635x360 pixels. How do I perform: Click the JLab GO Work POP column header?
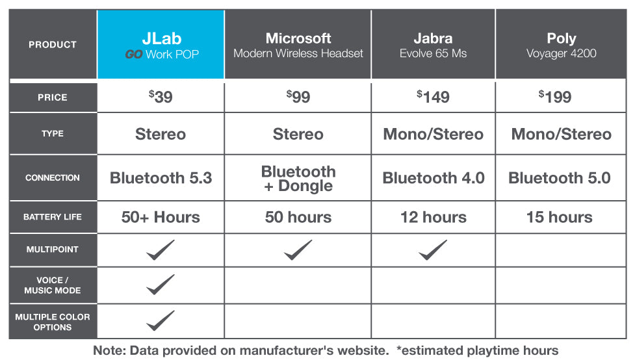(x=162, y=45)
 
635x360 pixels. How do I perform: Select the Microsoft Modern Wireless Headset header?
(x=298, y=45)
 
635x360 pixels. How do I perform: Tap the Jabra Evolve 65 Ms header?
(x=433, y=45)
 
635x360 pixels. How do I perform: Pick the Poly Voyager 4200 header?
(x=562, y=45)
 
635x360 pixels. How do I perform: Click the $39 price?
(x=161, y=97)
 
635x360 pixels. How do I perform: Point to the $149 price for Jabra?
(x=433, y=97)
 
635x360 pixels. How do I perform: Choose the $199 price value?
(x=555, y=97)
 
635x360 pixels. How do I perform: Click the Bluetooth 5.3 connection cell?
(x=161, y=178)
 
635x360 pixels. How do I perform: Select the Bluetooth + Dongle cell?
(x=298, y=178)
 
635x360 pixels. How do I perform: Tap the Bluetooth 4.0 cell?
(x=434, y=178)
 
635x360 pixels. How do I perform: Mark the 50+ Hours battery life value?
(x=161, y=217)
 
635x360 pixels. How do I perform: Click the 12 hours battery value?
(x=434, y=217)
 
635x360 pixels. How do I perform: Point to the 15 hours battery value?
(x=559, y=217)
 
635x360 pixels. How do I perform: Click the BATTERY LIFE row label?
(x=53, y=217)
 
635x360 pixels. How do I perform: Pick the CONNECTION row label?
(x=53, y=178)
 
